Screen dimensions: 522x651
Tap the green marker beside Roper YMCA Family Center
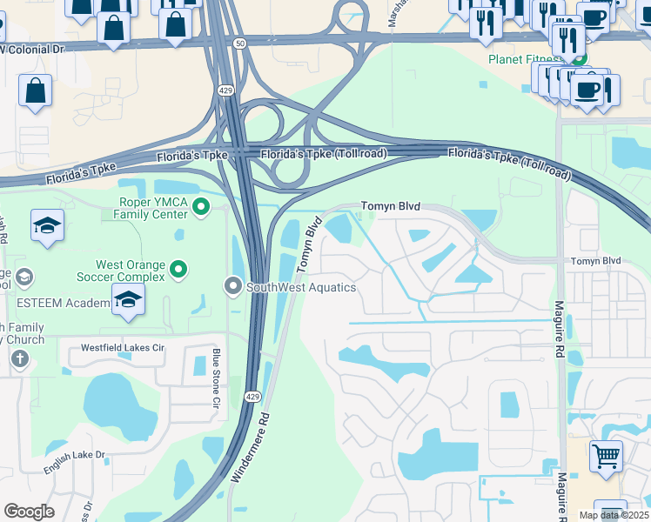click(201, 207)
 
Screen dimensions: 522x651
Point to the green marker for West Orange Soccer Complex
click(179, 270)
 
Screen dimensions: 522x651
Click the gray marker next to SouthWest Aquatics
click(233, 285)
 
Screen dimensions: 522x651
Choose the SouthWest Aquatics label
click(301, 287)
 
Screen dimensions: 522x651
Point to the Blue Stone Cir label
click(217, 378)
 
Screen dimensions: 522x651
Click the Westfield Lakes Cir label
click(123, 347)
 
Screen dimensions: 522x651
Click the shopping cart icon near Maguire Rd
click(606, 455)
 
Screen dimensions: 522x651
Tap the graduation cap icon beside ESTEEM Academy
click(130, 299)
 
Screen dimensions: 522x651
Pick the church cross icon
click(19, 358)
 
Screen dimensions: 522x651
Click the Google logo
click(29, 512)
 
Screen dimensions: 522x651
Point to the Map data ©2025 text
click(614, 515)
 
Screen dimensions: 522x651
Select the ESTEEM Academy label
click(54, 304)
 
